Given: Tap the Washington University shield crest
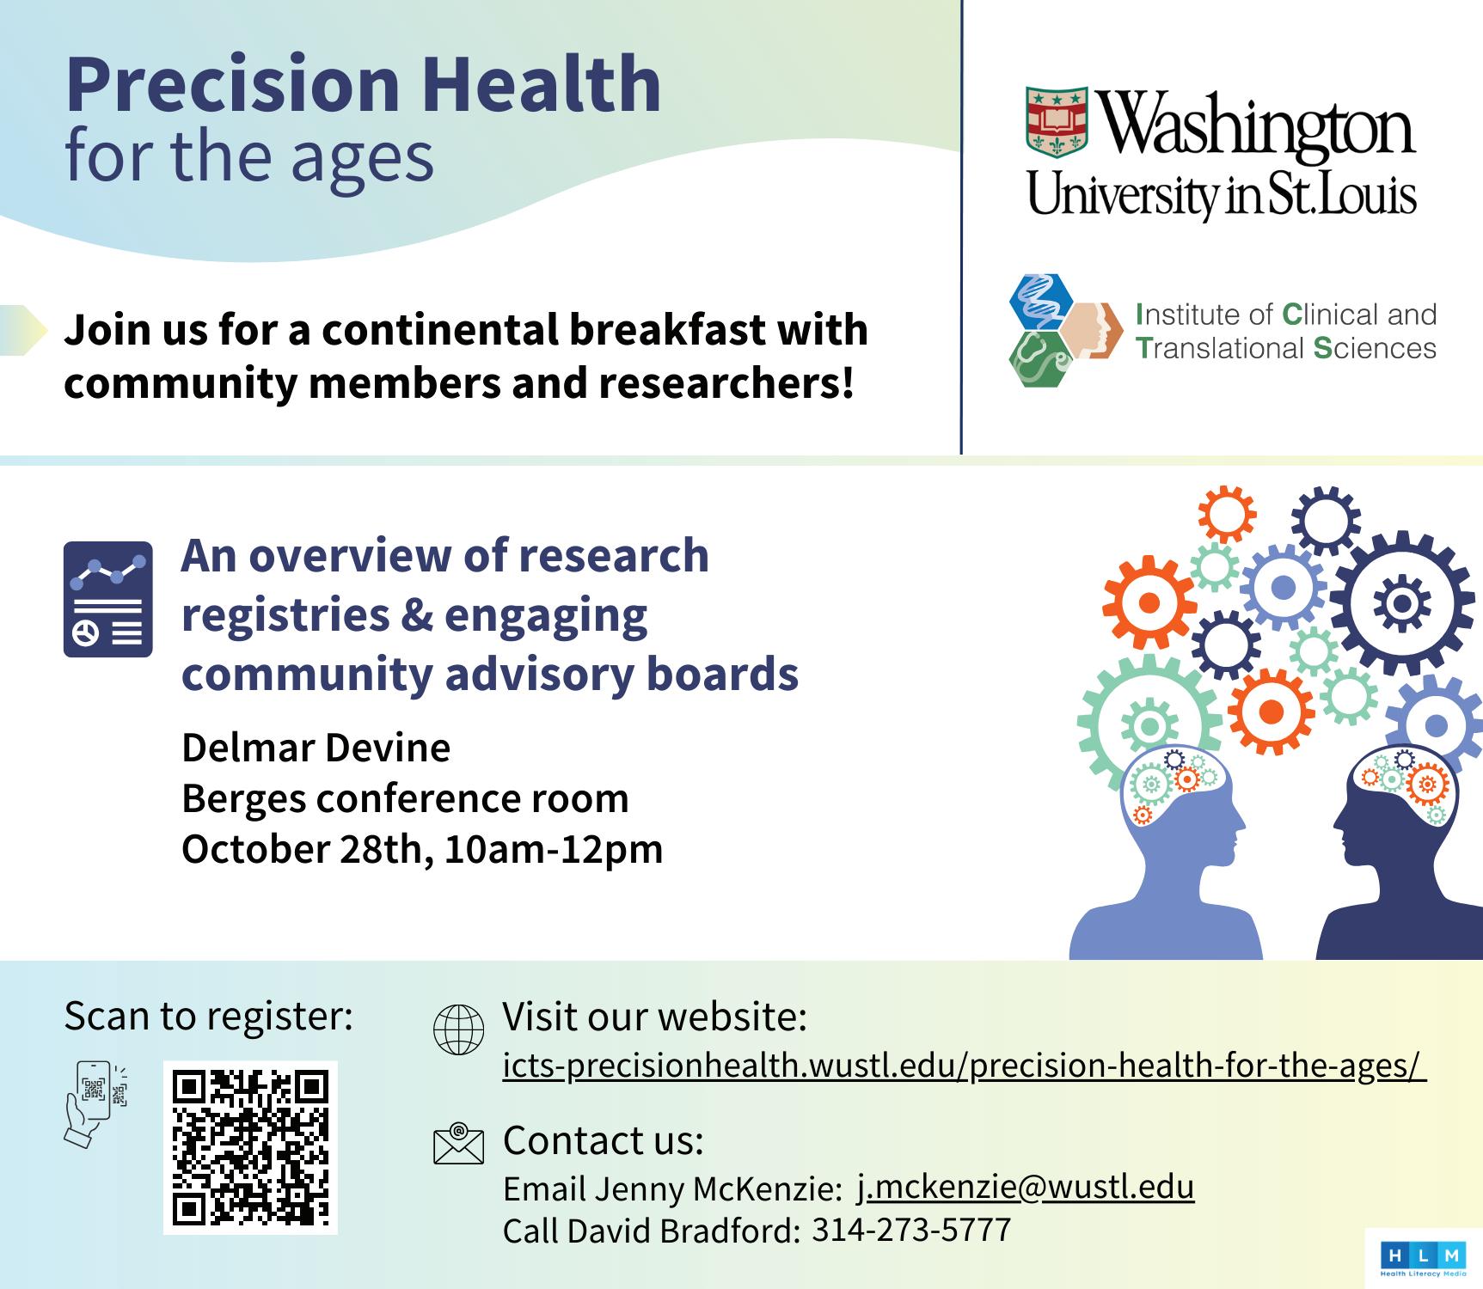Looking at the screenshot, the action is click(1057, 123).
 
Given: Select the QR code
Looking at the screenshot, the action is click(250, 1147).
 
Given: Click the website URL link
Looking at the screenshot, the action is click(965, 1066).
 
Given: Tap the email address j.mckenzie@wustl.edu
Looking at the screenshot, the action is click(1026, 1187).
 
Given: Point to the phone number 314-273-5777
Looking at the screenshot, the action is click(911, 1230).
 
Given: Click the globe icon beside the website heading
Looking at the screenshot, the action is click(458, 1029).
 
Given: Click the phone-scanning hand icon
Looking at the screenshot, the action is click(95, 1104).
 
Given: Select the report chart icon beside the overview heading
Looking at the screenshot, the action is click(108, 599).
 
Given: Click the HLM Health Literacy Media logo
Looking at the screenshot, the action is click(1423, 1259).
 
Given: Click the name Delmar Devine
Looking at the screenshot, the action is click(316, 748).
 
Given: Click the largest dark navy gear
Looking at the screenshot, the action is click(1400, 602).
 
